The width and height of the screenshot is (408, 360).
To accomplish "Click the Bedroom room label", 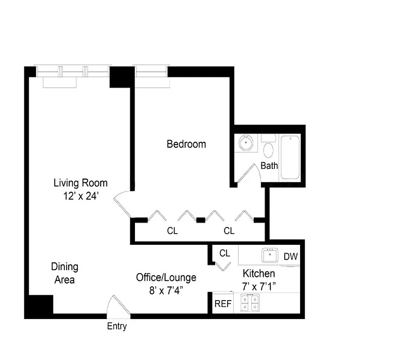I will click(186, 144).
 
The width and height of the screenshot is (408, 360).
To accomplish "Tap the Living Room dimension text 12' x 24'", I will click(81, 196).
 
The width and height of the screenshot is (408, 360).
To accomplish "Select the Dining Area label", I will click(65, 273).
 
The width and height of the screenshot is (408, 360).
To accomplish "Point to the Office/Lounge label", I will click(166, 278).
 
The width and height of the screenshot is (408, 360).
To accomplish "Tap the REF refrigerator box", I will click(223, 304).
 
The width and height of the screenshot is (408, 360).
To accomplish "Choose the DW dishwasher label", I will click(291, 257).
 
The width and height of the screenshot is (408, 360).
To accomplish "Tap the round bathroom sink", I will click(247, 143).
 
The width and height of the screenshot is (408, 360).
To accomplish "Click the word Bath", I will click(269, 166).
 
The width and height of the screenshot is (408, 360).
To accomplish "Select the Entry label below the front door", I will click(117, 327).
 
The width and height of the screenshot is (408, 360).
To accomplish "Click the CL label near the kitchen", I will click(224, 253).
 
